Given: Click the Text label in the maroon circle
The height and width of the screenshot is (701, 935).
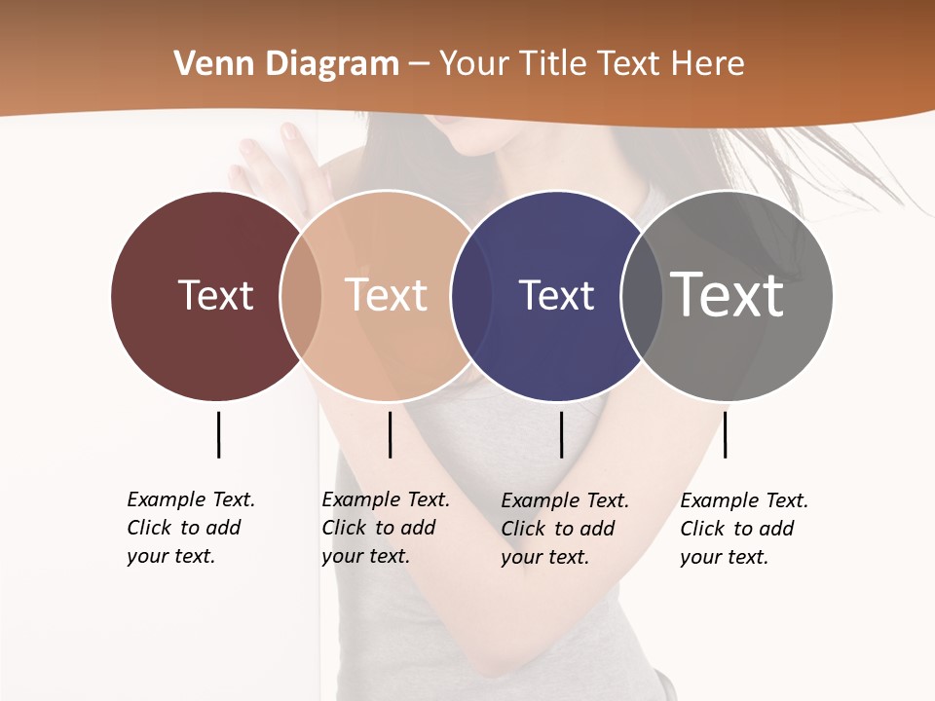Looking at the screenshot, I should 215,295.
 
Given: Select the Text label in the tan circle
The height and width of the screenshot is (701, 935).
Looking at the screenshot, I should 387,295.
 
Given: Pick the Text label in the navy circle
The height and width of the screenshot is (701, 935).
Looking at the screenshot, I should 556,295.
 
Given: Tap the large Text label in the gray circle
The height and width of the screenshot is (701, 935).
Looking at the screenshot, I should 728,294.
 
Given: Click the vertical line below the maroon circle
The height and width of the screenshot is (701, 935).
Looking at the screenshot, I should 218,434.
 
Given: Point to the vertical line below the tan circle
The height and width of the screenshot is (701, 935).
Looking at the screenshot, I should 390,434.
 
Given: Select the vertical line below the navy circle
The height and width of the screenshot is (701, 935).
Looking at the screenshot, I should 561,434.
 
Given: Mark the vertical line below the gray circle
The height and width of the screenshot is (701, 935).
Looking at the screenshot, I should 725,434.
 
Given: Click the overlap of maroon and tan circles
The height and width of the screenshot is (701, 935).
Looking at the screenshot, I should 301,295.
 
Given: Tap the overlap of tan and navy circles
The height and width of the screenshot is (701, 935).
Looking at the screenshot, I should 471,295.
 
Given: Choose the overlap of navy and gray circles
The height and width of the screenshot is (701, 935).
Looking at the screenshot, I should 642,295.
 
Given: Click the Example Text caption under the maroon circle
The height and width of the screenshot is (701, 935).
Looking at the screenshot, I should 191,528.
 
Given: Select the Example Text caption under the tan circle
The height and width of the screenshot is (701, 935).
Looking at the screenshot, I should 386,528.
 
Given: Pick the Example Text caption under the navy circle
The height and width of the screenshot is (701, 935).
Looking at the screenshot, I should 565,529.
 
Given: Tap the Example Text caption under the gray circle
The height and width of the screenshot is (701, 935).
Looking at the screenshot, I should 744,529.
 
